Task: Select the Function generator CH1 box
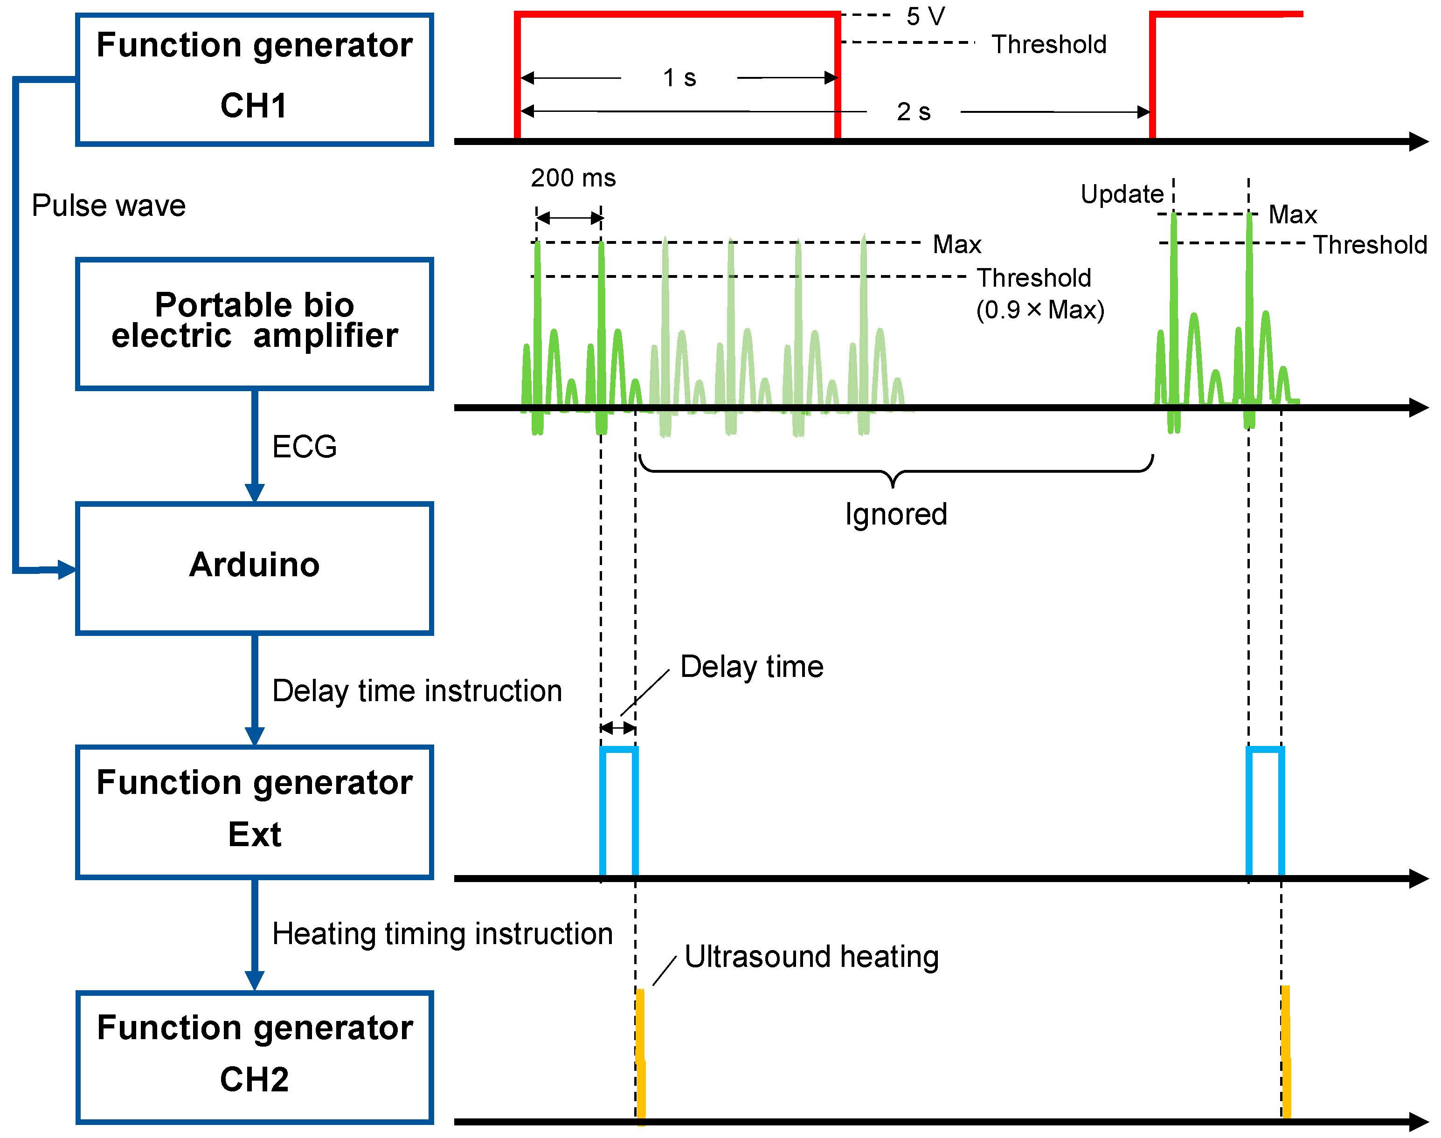point(255,79)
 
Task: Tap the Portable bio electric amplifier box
point(255,323)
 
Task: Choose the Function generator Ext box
point(255,812)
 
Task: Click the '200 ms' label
point(573,178)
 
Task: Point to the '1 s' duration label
point(679,78)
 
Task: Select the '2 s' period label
point(913,112)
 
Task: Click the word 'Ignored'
point(896,514)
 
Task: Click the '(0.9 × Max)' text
point(1040,310)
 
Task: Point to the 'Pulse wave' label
point(109,205)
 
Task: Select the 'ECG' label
point(305,447)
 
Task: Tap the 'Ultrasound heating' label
point(811,957)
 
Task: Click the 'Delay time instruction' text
point(417,691)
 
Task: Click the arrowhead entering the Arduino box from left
point(67,570)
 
